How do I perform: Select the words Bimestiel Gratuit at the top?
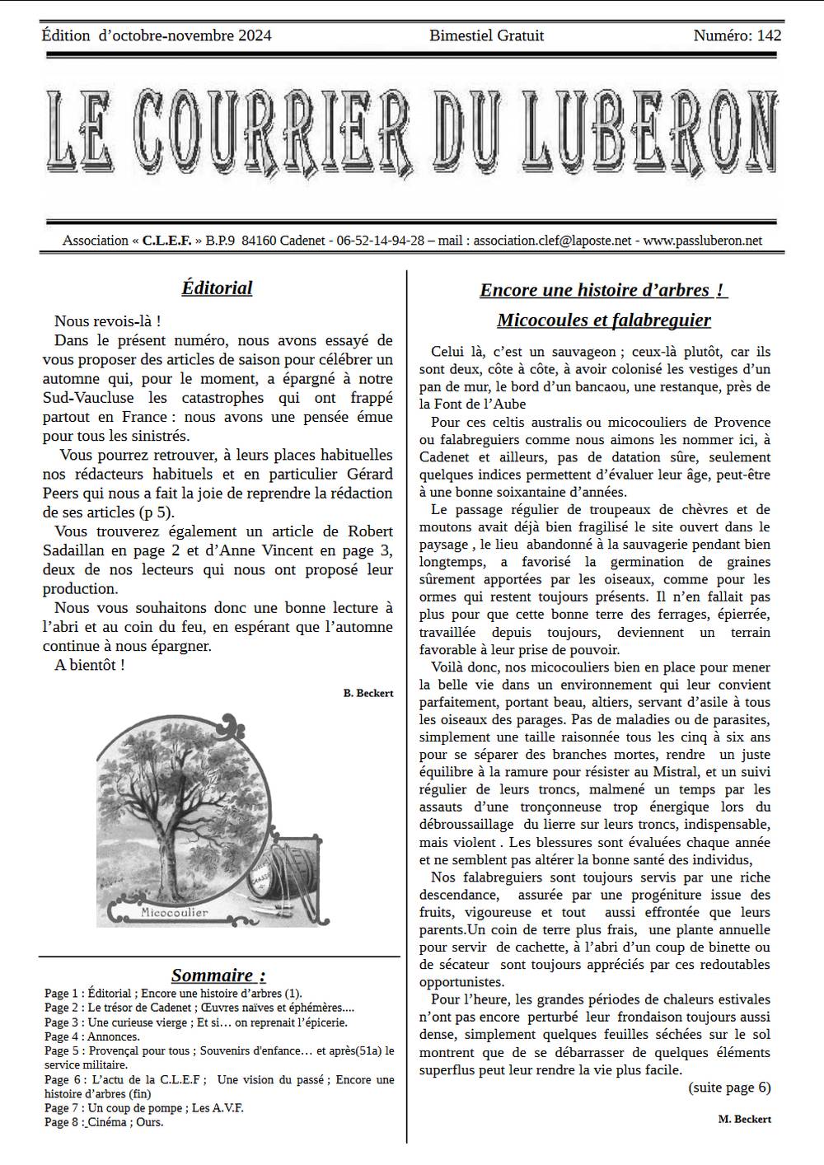486,35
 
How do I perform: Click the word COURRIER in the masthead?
272,132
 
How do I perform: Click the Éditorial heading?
217,288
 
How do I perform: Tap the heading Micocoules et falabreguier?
603,320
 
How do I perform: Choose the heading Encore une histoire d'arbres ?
603,290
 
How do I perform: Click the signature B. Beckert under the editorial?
368,693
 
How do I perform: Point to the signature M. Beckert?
744,1118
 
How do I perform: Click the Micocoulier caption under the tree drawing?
174,912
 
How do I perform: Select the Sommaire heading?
218,976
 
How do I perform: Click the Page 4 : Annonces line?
92,1036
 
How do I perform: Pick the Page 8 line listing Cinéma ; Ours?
104,1122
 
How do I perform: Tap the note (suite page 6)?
729,1087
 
